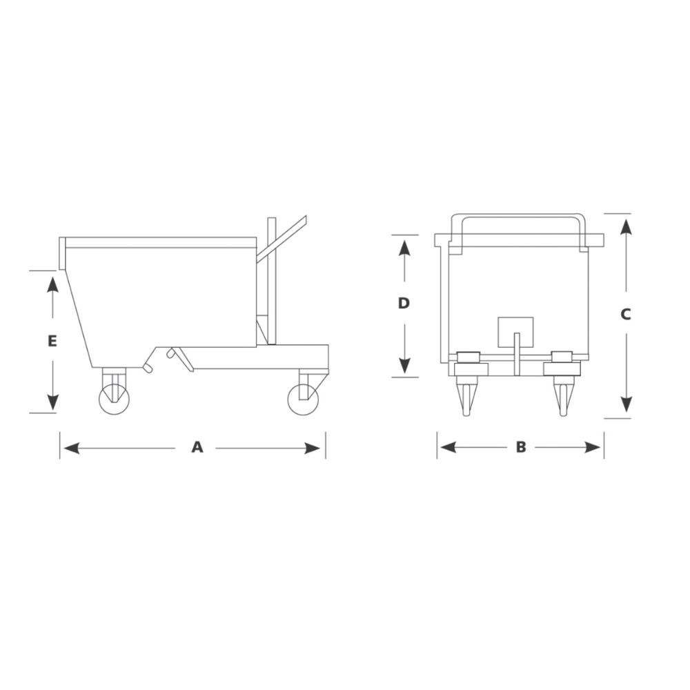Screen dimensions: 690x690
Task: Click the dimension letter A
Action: tap(197, 448)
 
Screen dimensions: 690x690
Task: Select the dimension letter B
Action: tap(521, 447)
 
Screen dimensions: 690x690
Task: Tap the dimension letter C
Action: tap(625, 314)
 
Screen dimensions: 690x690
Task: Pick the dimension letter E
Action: tap(52, 340)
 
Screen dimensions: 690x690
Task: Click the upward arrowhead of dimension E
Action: tap(52, 282)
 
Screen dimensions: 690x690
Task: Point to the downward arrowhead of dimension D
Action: tap(404, 366)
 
